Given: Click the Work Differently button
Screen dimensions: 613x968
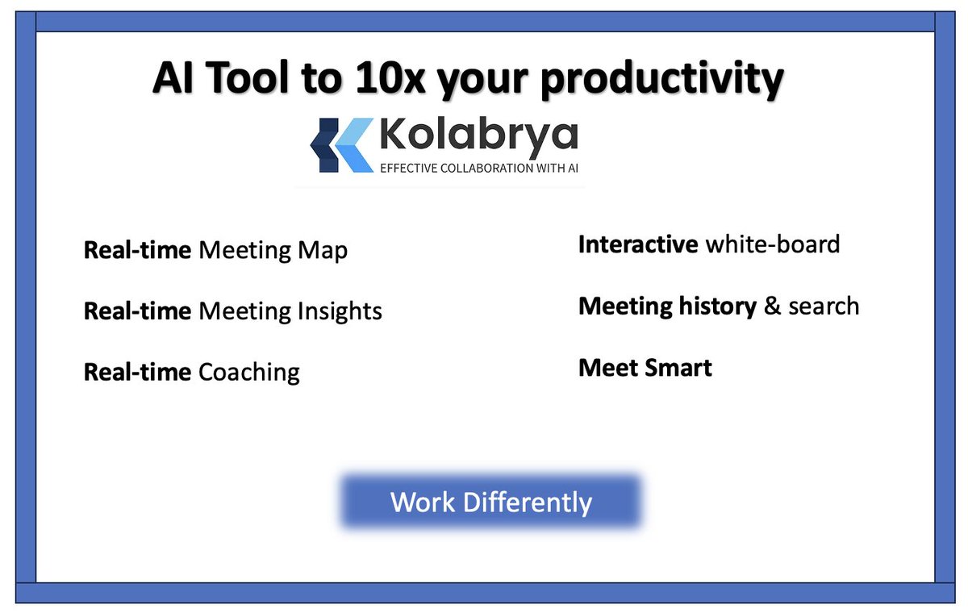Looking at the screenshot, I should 491,502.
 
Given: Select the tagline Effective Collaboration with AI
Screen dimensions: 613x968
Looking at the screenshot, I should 479,168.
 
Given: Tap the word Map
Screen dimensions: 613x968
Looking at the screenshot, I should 325,251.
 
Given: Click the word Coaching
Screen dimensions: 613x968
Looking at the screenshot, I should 249,373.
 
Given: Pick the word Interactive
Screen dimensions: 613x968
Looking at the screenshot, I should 638,244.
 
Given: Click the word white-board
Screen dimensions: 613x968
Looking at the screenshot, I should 773,244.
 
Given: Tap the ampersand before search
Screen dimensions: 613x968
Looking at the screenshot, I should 773,306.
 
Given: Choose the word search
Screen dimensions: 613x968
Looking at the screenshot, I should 824,306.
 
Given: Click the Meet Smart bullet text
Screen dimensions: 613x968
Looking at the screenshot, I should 645,369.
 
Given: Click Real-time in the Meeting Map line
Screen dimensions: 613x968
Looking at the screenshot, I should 137,250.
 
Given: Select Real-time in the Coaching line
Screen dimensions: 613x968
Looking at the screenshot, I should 137,373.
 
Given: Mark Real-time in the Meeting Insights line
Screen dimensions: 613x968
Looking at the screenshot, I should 137,311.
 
